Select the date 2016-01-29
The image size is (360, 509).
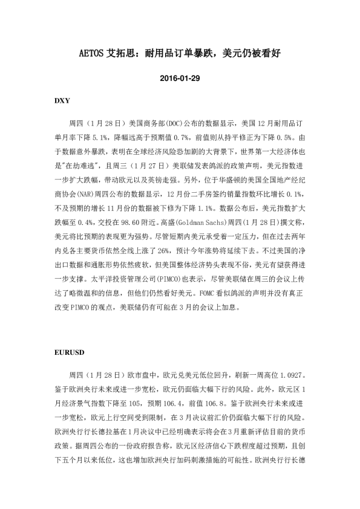pyautogui.click(x=180, y=79)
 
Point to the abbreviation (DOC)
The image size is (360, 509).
pyautogui.click(x=169, y=121)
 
